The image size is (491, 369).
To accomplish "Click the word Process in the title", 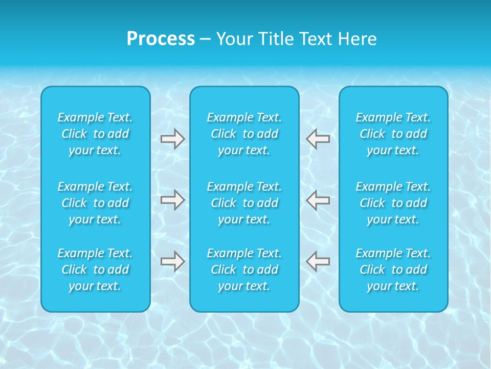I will pyautogui.click(x=161, y=39).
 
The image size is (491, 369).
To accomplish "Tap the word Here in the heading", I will pyautogui.click(x=357, y=39).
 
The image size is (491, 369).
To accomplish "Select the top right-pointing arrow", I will pyautogui.click(x=173, y=139).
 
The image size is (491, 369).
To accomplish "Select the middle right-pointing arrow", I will pyautogui.click(x=173, y=200).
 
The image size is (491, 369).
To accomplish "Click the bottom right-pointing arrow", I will pyautogui.click(x=173, y=261).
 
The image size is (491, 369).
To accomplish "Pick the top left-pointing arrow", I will pyautogui.click(x=318, y=139).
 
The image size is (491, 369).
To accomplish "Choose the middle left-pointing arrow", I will pyautogui.click(x=318, y=200).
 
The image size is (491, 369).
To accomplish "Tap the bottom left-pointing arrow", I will pyautogui.click(x=318, y=261).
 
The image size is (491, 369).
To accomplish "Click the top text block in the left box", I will pyautogui.click(x=95, y=134).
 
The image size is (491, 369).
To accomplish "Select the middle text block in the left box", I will pyautogui.click(x=95, y=203).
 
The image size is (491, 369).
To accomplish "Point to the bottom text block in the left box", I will pyautogui.click(x=95, y=270).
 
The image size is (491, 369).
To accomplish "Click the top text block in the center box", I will pyautogui.click(x=244, y=134).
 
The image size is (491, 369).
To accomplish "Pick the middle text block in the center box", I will pyautogui.click(x=244, y=203).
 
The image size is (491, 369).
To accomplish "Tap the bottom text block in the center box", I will pyautogui.click(x=244, y=270).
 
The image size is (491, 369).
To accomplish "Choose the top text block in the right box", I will pyautogui.click(x=393, y=134).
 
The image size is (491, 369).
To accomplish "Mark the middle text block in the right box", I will pyautogui.click(x=393, y=203).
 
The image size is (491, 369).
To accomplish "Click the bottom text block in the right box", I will pyautogui.click(x=393, y=270).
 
